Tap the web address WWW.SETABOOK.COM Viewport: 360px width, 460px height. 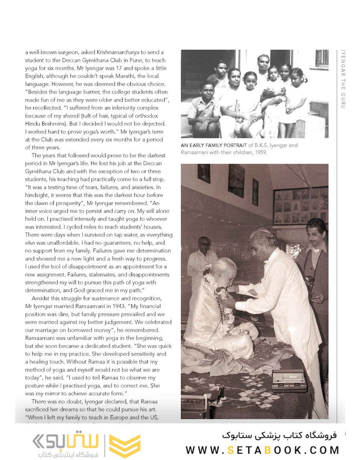coord(262,450)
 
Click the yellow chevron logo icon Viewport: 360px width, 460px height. coord(125,446)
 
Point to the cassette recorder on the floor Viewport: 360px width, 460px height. coord(289,380)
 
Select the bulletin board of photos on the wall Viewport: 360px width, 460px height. coord(300,205)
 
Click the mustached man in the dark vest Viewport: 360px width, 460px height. coord(315,256)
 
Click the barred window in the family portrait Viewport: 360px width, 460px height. coord(322,58)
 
